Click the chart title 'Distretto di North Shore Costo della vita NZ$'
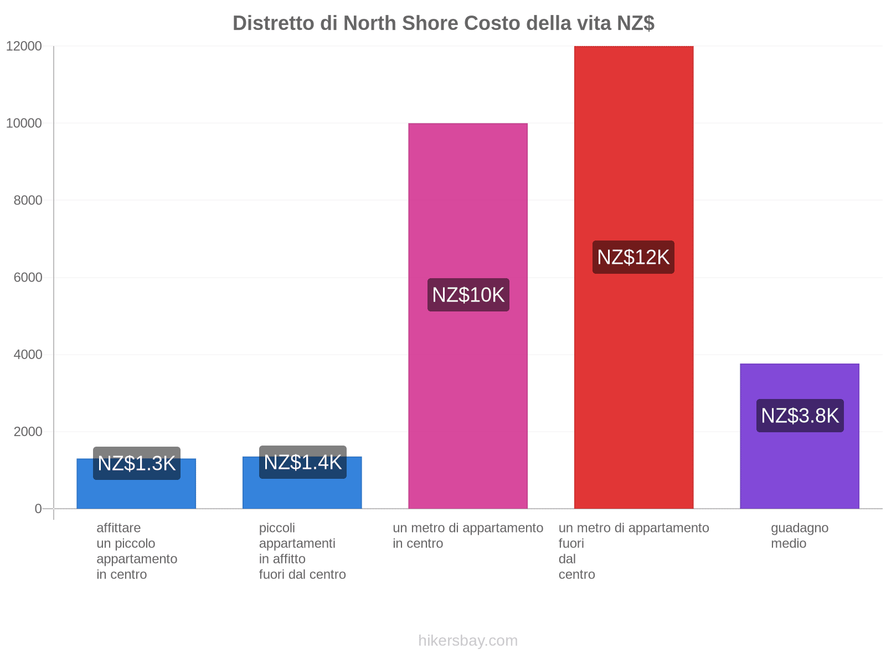443,23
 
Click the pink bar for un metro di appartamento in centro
468,388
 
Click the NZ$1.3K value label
137,463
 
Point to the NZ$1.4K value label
303,462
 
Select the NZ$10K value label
468,295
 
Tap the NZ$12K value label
633,257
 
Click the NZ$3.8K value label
800,416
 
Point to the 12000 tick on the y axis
24,47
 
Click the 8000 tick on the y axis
28,201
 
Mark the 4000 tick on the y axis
28,355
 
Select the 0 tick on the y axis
38,509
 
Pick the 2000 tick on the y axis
28,432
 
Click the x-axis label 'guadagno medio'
800,535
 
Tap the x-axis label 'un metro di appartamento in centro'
468,535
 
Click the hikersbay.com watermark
468,641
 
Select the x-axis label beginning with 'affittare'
137,551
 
